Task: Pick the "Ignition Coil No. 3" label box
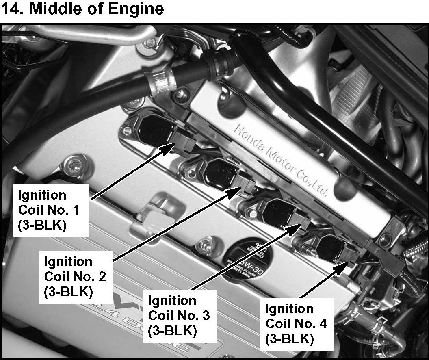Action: pyautogui.click(x=179, y=316)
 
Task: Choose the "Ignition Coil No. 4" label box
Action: pyautogui.click(x=296, y=324)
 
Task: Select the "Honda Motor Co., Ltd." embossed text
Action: pyautogui.click(x=280, y=160)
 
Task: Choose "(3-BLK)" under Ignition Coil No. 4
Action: pyautogui.click(x=289, y=339)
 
